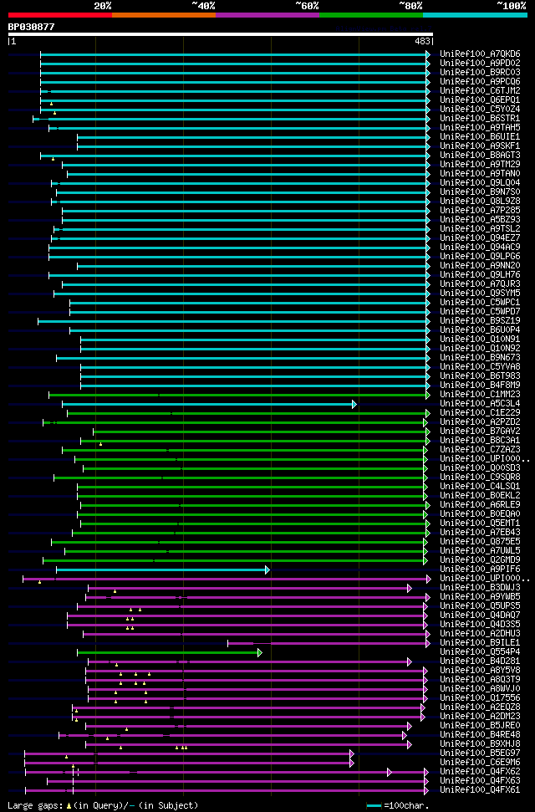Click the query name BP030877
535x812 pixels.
tap(31, 27)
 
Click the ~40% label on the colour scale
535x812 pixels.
tap(203, 6)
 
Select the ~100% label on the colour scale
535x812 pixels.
tap(511, 6)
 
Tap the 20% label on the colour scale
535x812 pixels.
tap(103, 6)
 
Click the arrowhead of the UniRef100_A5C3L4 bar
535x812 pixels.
tap(354, 404)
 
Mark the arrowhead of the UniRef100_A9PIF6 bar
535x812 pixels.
tap(267, 569)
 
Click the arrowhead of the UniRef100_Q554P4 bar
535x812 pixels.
tap(260, 652)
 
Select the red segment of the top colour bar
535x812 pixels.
tap(59, 14)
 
